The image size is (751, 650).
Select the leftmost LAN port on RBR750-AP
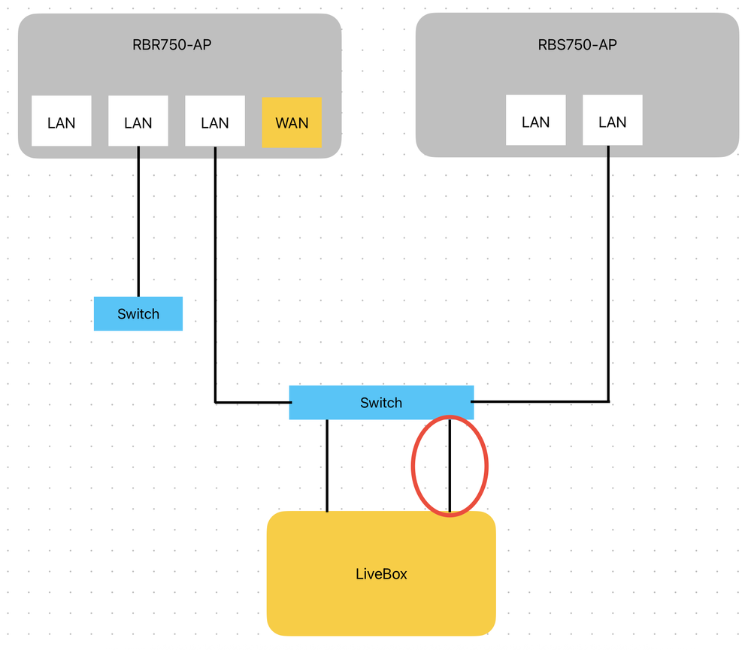tap(61, 121)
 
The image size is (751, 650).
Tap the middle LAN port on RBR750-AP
tap(138, 121)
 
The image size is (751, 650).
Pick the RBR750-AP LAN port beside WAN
tap(215, 121)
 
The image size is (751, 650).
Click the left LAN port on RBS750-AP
tap(535, 120)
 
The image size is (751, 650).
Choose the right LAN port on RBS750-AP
tap(613, 120)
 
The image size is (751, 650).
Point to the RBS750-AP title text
tap(577, 44)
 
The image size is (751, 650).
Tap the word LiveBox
tap(381, 574)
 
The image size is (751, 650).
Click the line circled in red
tap(450, 466)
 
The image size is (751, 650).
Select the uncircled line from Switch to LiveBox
tap(327, 466)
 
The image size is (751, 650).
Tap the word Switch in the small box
tap(138, 314)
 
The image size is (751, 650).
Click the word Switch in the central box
tap(381, 403)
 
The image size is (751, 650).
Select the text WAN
tap(292, 122)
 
